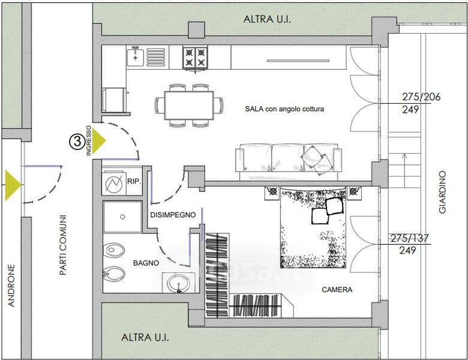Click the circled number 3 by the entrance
[77, 142]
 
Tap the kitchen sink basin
[135, 57]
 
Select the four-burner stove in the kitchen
[195, 58]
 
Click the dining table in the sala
[189, 106]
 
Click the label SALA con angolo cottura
[284, 109]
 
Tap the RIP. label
[134, 181]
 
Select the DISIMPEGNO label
[173, 215]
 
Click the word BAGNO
[146, 263]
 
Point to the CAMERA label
[337, 290]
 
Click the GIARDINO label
[442, 192]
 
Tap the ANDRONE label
[11, 286]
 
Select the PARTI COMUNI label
[62, 245]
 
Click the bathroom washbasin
[178, 283]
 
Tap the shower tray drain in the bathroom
[122, 217]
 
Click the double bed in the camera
[313, 227]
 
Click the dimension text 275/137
[409, 238]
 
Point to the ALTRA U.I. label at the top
[267, 19]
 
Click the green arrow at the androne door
[13, 185]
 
